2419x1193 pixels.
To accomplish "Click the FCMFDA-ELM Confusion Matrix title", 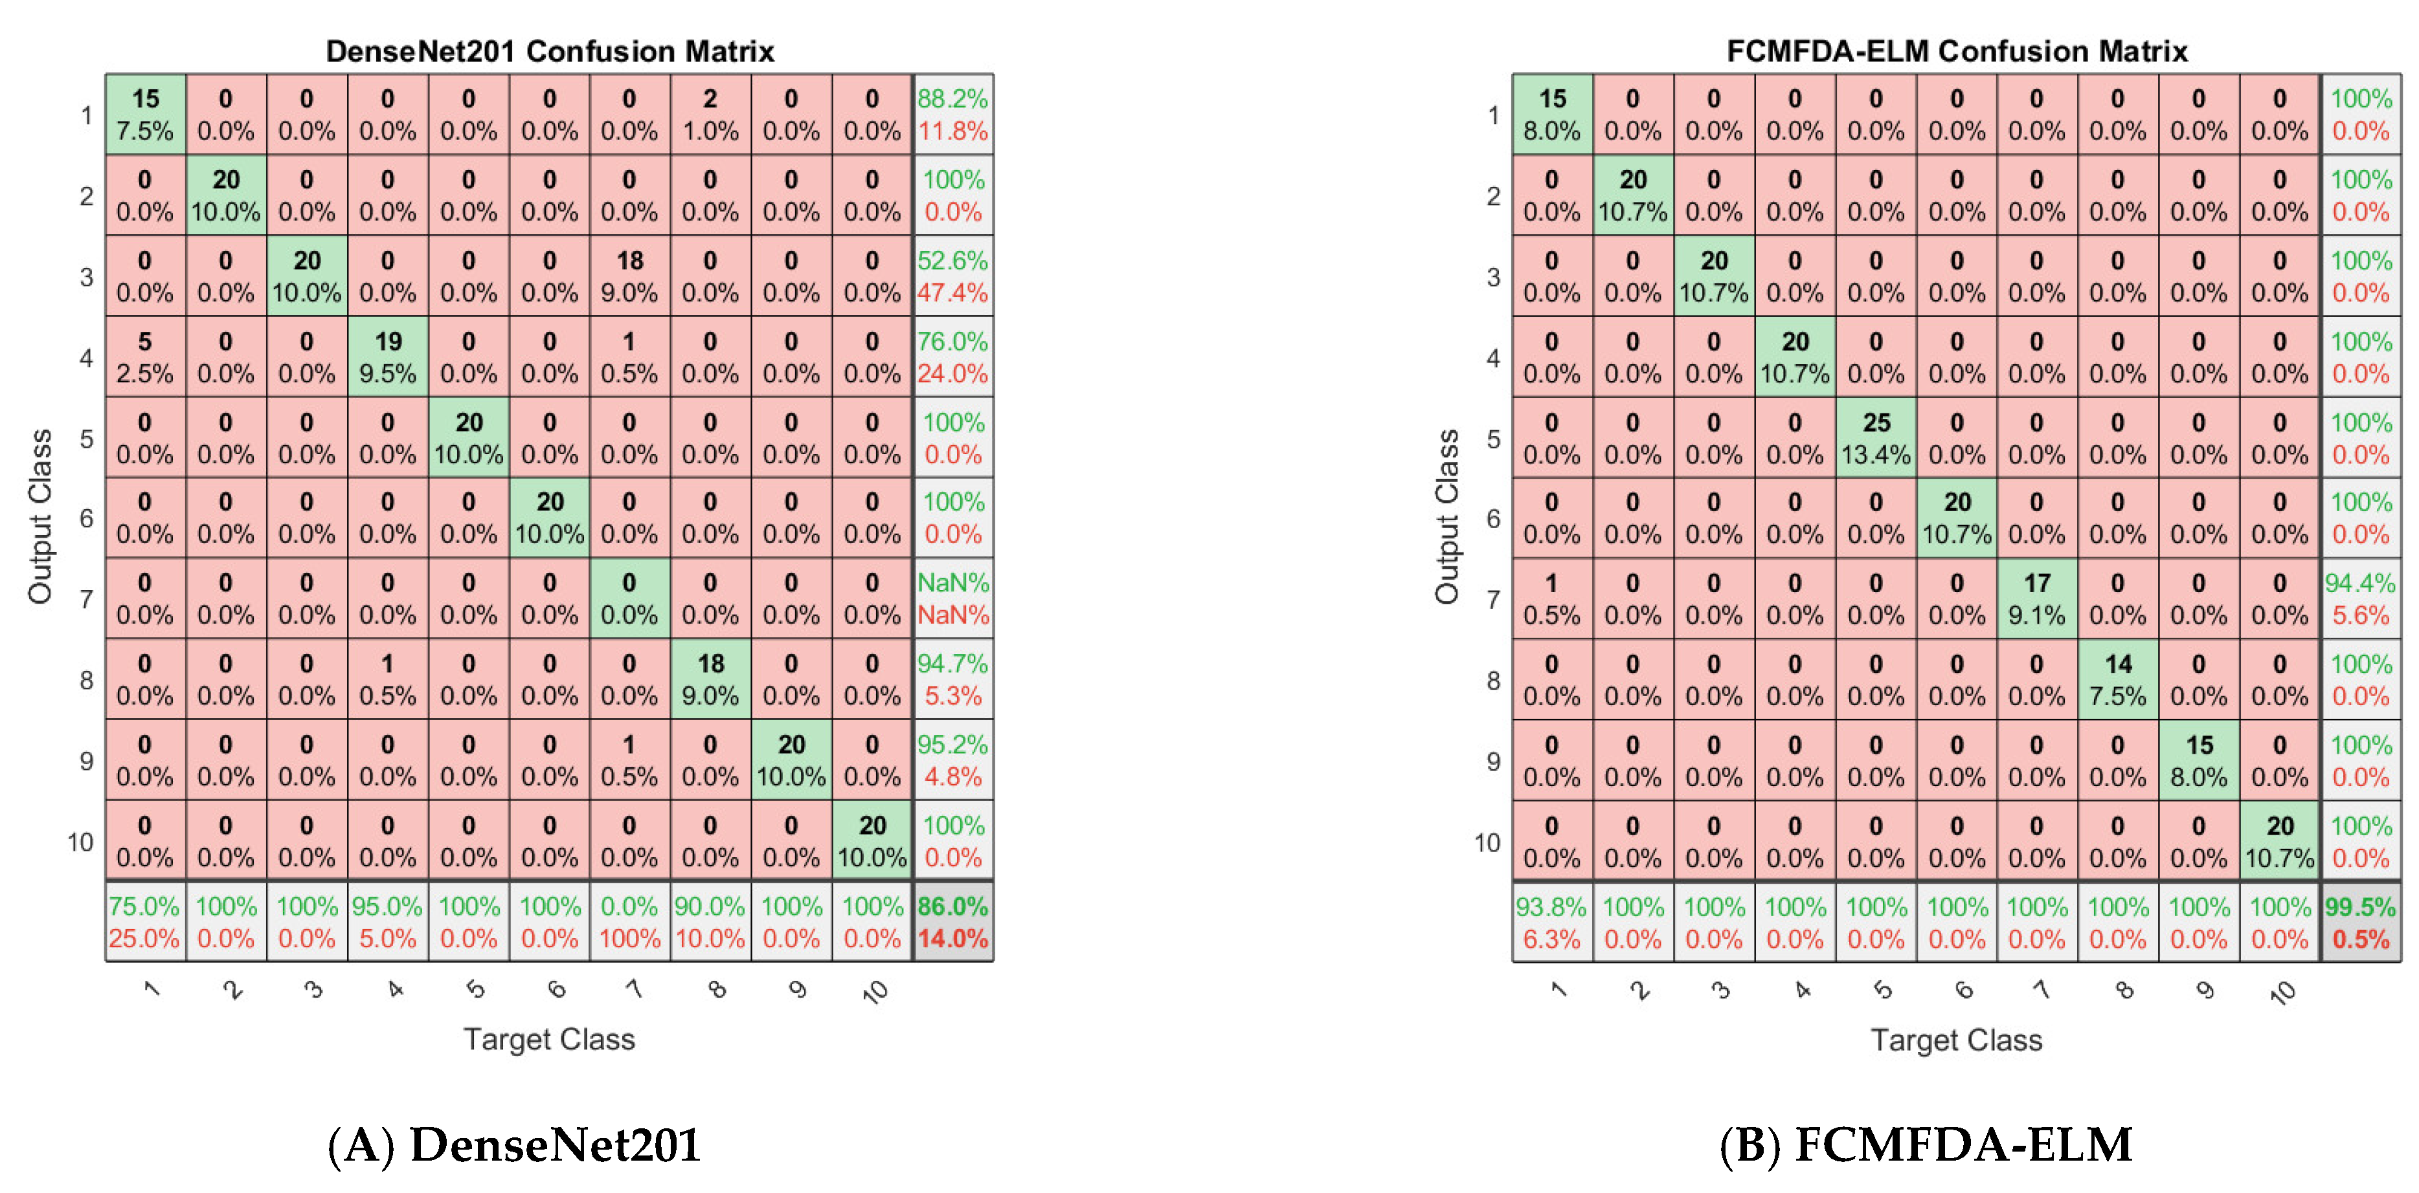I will point(1956,50).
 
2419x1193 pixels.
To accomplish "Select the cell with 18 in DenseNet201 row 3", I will point(629,276).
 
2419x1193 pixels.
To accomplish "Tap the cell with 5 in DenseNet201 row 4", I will point(144,356).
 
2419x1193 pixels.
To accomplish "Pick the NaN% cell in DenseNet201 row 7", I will point(952,599).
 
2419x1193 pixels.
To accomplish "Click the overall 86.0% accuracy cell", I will point(952,922).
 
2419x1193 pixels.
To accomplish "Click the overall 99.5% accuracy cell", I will point(2360,922).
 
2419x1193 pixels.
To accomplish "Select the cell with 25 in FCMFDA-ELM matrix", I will point(1875,437).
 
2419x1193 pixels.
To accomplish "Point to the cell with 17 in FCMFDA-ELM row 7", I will point(2037,599).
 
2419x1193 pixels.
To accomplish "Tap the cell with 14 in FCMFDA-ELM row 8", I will point(2117,679).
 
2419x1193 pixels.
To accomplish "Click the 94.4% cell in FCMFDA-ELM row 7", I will point(2360,599).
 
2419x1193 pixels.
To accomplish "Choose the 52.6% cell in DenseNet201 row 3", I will point(952,276).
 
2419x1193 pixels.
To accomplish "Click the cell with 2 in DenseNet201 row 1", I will point(710,115).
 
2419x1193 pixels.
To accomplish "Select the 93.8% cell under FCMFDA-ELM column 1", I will point(1551,922).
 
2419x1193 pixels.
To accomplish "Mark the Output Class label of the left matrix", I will point(39,516).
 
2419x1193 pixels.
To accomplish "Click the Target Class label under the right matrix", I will point(1956,1040).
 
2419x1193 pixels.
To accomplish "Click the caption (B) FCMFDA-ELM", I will point(1925,1145).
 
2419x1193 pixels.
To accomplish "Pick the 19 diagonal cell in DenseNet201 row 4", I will point(387,356).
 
